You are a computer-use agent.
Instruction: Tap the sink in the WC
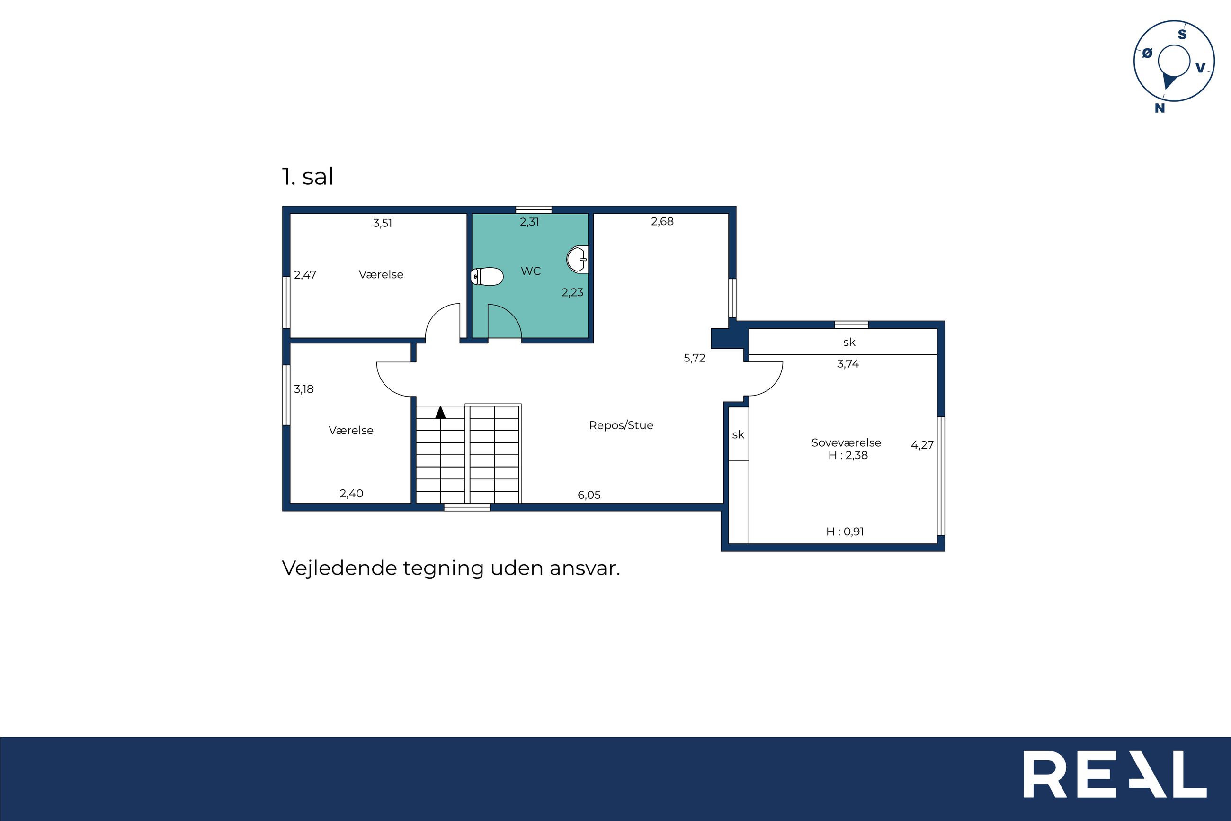pyautogui.click(x=578, y=259)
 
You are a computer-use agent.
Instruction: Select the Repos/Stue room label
pyautogui.click(x=621, y=425)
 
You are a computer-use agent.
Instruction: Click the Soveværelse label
pyautogui.click(x=846, y=442)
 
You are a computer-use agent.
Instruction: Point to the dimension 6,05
pyautogui.click(x=589, y=495)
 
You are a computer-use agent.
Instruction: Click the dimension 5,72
pyautogui.click(x=694, y=358)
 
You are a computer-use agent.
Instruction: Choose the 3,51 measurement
pyautogui.click(x=383, y=223)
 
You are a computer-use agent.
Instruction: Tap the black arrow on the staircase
pyautogui.click(x=440, y=413)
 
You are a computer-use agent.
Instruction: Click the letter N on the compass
pyautogui.click(x=1160, y=108)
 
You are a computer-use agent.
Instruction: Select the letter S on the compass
pyautogui.click(x=1182, y=35)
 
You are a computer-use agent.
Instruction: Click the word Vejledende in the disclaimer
pyautogui.click(x=339, y=568)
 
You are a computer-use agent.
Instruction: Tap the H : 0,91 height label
pyautogui.click(x=845, y=532)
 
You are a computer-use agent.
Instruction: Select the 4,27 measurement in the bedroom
pyautogui.click(x=922, y=445)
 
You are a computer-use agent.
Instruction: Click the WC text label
pyautogui.click(x=530, y=271)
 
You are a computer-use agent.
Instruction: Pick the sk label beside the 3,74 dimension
pyautogui.click(x=849, y=342)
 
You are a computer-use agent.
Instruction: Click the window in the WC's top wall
pyautogui.click(x=534, y=209)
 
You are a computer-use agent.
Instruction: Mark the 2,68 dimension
pyautogui.click(x=662, y=222)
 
